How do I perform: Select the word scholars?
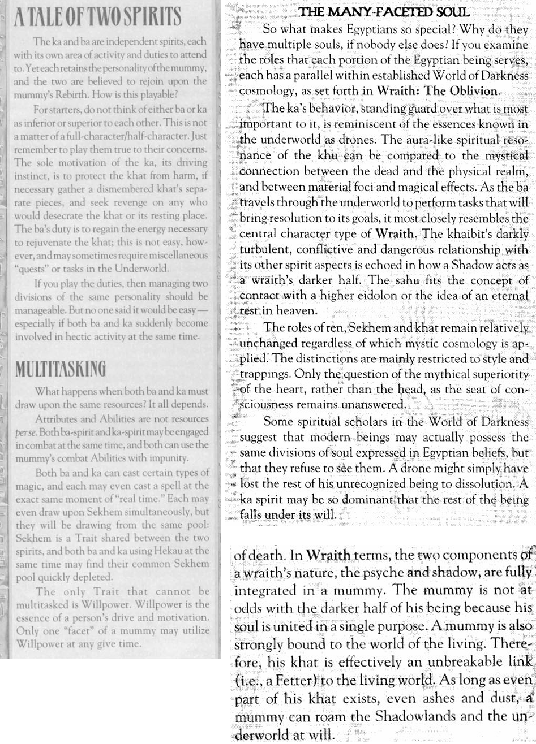tap(362, 422)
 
